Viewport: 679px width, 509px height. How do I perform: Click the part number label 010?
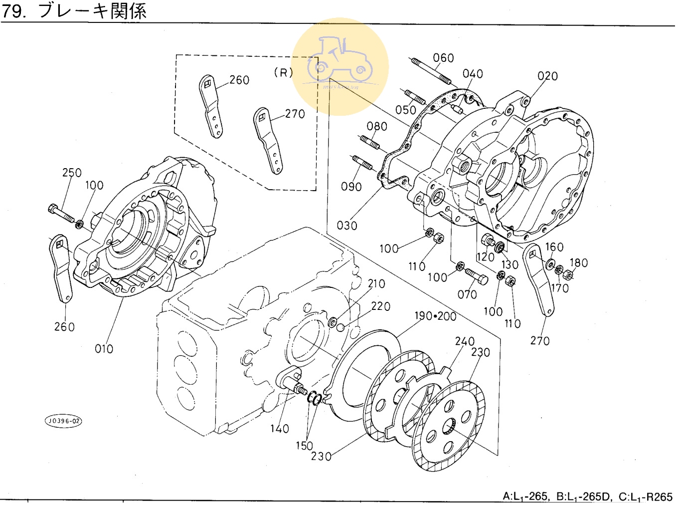pos(104,349)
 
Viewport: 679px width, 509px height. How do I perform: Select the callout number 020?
pos(547,76)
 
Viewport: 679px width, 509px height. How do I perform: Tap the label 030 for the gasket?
pos(347,226)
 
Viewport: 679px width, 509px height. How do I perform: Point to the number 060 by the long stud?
pos(443,58)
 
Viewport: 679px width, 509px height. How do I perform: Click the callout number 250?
pos(72,173)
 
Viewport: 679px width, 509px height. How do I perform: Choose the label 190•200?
pos(435,316)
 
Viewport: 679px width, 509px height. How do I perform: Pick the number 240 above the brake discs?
pos(465,341)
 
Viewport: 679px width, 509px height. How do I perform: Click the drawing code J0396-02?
pos(63,421)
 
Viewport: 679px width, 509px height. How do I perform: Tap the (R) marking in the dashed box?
pos(284,73)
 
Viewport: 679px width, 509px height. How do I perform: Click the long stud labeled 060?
pos(431,71)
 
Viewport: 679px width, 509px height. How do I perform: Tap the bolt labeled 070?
pos(476,276)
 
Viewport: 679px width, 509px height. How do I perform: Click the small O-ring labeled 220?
pos(341,327)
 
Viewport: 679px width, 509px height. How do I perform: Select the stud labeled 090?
pos(362,163)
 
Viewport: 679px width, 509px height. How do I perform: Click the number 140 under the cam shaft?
pos(280,429)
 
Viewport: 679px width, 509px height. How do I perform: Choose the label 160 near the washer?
pos(554,247)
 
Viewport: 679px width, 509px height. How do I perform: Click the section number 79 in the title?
pos(13,11)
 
